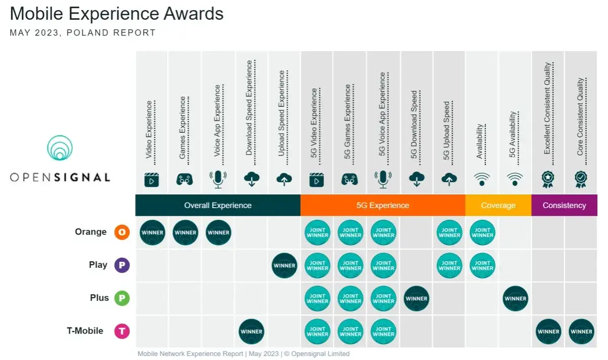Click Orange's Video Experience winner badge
point(152,233)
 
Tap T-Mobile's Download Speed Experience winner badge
point(252,332)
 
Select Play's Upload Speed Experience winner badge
point(285,265)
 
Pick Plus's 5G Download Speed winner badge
point(417,298)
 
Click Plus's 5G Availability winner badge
point(515,298)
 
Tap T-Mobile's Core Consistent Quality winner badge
point(581,332)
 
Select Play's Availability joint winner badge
point(482,265)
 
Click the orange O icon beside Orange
point(122,232)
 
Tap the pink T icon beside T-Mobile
point(122,332)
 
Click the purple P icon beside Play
point(122,265)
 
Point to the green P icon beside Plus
point(122,298)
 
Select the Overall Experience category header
point(218,206)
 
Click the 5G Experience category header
point(383,206)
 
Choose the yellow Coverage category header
point(498,206)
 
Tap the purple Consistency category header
point(564,206)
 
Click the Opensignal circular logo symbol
point(60,148)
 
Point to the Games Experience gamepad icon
point(185,179)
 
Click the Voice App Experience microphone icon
point(218,179)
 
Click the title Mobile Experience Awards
point(116,14)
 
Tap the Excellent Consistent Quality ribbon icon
point(547,179)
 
